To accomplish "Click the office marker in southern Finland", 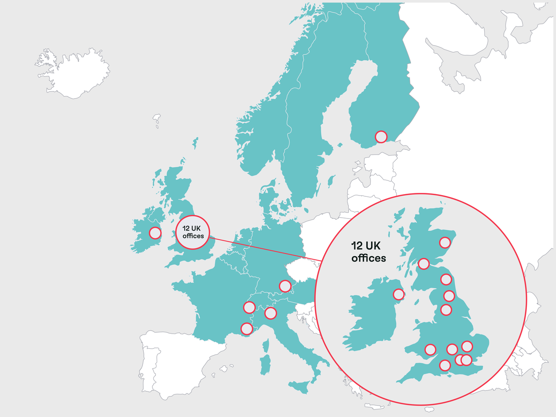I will tap(381, 137).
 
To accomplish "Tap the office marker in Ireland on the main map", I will tap(155, 233).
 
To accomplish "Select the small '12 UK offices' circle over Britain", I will tap(193, 232).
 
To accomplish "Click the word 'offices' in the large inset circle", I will tap(368, 258).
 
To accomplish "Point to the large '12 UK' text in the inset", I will tap(366, 246).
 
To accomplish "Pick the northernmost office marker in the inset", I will tap(445, 242).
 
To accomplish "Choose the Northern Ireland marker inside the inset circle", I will tap(399, 295).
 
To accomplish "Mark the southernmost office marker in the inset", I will tap(445, 365).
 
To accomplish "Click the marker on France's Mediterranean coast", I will tap(247, 329).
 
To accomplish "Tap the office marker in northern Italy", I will tap(271, 313).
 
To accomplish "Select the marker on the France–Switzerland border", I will tap(249, 308).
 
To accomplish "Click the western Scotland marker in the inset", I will tap(424, 264).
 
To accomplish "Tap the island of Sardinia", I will tap(265, 364).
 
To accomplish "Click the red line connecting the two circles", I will tap(265, 249).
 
